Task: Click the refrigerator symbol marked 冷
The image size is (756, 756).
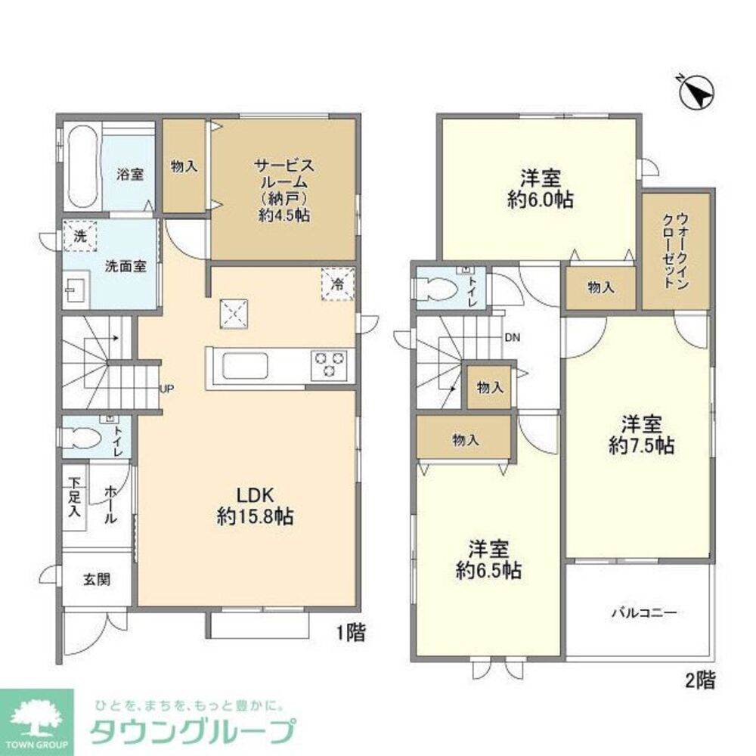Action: [338, 283]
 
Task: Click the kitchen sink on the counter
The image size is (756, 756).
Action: [244, 365]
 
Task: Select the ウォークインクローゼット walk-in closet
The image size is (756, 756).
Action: [677, 251]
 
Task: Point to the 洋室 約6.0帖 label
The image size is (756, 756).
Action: [540, 189]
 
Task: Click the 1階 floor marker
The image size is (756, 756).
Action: [352, 633]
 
